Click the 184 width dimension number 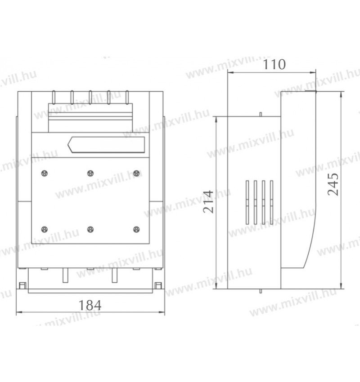pyautogui.click(x=90, y=305)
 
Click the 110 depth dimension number pyautogui.click(x=274, y=64)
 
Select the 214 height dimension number pyautogui.click(x=208, y=202)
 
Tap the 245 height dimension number pyautogui.click(x=333, y=184)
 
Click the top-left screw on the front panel pyautogui.click(x=45, y=173)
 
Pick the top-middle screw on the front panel pyautogui.click(x=90, y=173)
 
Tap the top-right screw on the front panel pyautogui.click(x=136, y=173)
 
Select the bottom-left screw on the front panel pyautogui.click(x=45, y=229)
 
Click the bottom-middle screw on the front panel pyautogui.click(x=90, y=229)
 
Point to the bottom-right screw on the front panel pyautogui.click(x=136, y=229)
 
